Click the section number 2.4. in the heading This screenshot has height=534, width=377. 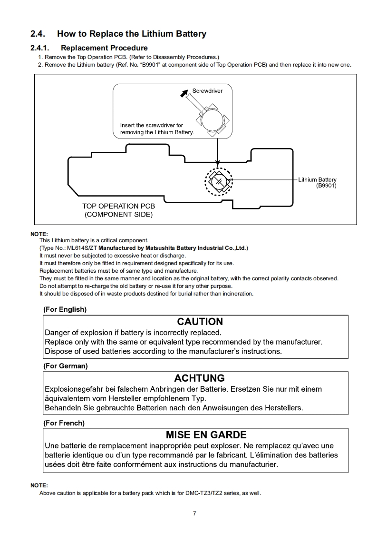point(38,34)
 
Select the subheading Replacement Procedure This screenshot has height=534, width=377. point(104,48)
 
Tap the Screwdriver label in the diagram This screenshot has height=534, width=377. point(207,90)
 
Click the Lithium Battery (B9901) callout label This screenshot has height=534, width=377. point(317,182)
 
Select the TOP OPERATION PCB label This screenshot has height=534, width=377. point(118,206)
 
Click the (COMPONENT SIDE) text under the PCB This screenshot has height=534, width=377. point(118,215)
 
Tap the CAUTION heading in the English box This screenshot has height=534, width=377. point(200,322)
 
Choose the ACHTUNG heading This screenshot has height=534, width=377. point(199,378)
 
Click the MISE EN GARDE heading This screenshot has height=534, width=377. point(206,435)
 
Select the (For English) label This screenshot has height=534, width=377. point(65,309)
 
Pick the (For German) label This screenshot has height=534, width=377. point(65,366)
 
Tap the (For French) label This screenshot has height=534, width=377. point(64,423)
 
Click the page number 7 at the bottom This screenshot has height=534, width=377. point(194,513)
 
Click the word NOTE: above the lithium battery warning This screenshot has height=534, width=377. point(39,234)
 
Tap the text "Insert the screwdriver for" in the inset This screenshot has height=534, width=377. point(151,125)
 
